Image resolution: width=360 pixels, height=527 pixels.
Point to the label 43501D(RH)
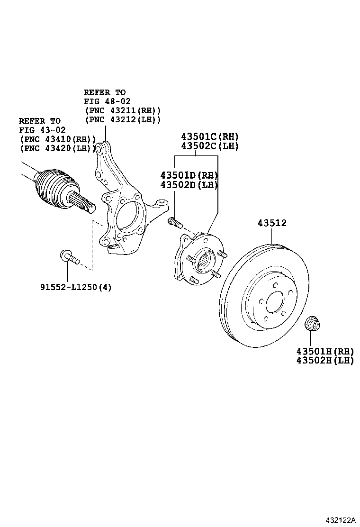point(189,175)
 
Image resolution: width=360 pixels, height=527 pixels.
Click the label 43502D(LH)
point(189,184)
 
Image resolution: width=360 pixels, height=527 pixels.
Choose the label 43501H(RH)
point(325,351)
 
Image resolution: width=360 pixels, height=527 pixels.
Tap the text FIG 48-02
point(107,101)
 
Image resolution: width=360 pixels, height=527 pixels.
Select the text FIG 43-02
point(43,130)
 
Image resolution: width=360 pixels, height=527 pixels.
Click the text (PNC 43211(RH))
point(123,110)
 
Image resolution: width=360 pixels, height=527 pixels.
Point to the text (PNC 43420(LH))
point(58,148)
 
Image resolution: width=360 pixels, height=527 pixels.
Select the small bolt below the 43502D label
point(175,221)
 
